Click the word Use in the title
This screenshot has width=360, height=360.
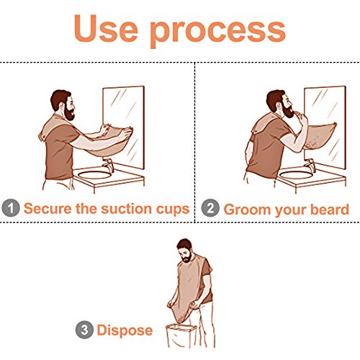pyautogui.click(x=106, y=29)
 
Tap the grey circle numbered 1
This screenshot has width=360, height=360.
pyautogui.click(x=11, y=208)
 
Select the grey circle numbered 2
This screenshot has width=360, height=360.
pyautogui.click(x=210, y=208)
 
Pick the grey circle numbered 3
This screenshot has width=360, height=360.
pyautogui.click(x=84, y=330)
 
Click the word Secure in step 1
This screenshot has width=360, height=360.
pyautogui.click(x=48, y=208)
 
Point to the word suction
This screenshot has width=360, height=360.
pyautogui.click(x=127, y=208)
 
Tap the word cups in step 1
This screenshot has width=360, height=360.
pyautogui.click(x=173, y=210)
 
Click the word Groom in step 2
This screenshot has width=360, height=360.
pyautogui.click(x=247, y=210)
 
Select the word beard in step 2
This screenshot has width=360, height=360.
pyautogui.click(x=330, y=209)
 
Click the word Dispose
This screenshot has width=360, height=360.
pyautogui.click(x=125, y=330)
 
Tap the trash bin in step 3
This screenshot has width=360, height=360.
pyautogui.click(x=181, y=336)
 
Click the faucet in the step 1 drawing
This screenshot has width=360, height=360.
pyautogui.click(x=108, y=164)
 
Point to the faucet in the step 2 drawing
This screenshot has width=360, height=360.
pyautogui.click(x=310, y=165)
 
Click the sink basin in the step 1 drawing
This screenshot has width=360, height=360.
pyautogui.click(x=94, y=175)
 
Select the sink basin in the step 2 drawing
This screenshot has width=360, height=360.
pyautogui.click(x=296, y=175)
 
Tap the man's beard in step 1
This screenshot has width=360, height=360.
pyautogui.click(x=70, y=113)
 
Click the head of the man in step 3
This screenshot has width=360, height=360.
pyautogui.click(x=185, y=251)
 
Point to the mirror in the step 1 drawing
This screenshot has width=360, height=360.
pyautogui.click(x=124, y=127)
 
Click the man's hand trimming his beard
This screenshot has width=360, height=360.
pyautogui.click(x=302, y=117)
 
